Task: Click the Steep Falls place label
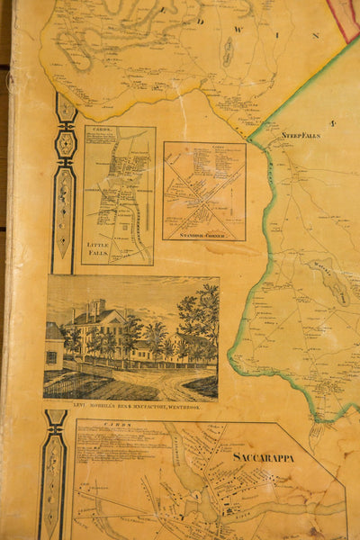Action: coord(301,135)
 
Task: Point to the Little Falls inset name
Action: coord(97,247)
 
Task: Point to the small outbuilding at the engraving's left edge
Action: coord(53,346)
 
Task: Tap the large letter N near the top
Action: coord(316,35)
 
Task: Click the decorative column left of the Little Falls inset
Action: coord(64,180)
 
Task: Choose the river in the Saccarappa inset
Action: coord(225,513)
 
